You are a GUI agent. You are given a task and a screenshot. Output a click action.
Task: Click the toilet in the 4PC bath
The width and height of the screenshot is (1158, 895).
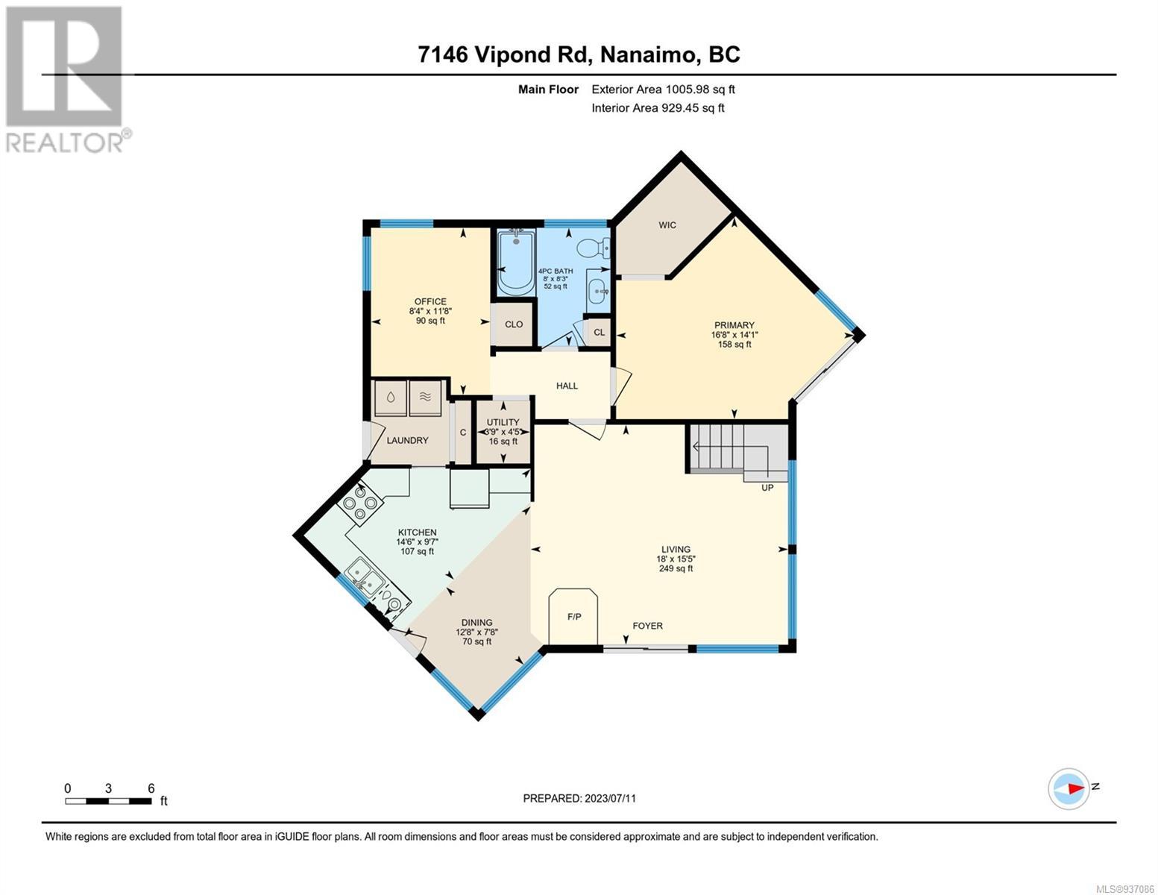point(593,248)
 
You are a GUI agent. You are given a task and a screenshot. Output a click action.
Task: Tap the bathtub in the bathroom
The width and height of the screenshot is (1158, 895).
point(516,262)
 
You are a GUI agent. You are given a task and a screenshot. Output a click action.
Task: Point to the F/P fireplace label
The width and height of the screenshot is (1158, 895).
point(574,617)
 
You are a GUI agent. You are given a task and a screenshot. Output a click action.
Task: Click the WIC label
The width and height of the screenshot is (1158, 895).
point(667,225)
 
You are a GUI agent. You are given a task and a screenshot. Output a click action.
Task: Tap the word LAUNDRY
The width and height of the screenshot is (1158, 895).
point(407,440)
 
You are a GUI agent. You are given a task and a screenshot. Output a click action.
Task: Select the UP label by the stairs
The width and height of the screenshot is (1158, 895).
point(767,487)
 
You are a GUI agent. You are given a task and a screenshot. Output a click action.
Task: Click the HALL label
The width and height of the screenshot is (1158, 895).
point(567,386)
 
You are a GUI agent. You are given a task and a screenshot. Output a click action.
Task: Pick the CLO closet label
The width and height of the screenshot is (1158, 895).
point(514,324)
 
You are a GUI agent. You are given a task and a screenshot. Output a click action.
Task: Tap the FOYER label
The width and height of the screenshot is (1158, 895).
point(647,626)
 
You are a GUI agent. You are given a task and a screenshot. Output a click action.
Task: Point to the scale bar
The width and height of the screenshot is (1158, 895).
point(108,801)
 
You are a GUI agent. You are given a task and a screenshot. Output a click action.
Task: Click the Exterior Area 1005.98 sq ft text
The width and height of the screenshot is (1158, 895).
point(663,89)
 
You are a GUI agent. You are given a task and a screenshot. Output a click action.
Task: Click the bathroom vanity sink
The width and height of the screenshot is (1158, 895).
point(599,291)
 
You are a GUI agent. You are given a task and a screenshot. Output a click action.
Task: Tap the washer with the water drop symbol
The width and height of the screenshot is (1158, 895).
point(391,398)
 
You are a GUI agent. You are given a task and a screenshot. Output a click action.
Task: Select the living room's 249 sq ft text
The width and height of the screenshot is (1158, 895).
point(676,568)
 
